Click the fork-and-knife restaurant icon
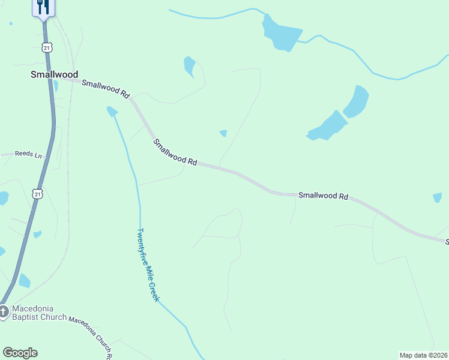tap(43, 7)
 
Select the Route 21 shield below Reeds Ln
tap(38, 194)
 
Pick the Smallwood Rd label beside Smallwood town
tap(106, 89)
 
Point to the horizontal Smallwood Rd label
tap(324, 196)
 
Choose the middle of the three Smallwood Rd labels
tap(175, 152)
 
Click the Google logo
tap(20, 353)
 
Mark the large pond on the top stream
tap(280, 34)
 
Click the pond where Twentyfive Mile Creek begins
tap(112, 111)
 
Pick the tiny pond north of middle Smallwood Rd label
tap(223, 133)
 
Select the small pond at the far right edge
tap(437, 197)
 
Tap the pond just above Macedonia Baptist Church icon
tap(25, 281)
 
